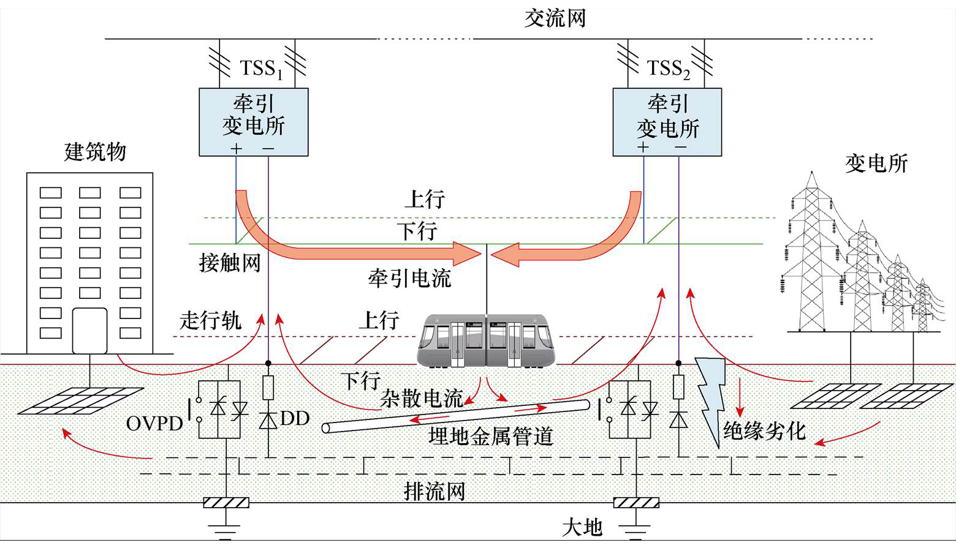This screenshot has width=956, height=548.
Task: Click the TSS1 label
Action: tap(260, 68)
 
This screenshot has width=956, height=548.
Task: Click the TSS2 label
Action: tap(669, 68)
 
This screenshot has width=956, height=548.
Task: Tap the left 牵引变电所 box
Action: tap(253, 122)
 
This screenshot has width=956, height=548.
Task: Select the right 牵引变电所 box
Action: tap(667, 122)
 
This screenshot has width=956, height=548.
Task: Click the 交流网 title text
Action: tap(555, 18)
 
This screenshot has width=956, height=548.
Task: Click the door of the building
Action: tap(89, 331)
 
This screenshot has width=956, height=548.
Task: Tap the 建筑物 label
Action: tap(95, 151)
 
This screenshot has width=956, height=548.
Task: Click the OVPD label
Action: tap(154, 423)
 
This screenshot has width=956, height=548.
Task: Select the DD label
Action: tap(295, 418)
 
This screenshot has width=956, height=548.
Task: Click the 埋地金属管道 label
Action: tap(491, 437)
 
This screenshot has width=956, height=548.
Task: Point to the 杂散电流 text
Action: tap(421, 399)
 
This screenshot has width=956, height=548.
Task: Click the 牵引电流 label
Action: tap(409, 278)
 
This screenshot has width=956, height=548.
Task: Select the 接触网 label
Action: tap(230, 263)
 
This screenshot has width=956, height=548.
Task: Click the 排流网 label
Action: tap(434, 491)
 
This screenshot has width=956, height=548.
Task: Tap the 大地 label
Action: tap(582, 527)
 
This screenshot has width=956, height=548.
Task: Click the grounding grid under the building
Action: tap(80, 400)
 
